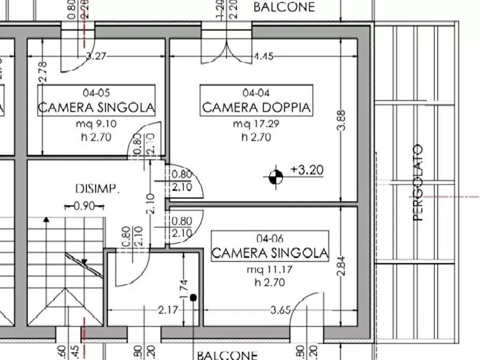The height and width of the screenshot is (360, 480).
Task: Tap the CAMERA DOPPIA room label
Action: [x=256, y=107]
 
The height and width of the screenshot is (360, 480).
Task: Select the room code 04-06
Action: [x=270, y=239]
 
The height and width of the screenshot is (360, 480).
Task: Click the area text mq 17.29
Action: [x=256, y=125]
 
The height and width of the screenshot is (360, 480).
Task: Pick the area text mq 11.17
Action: [x=270, y=270]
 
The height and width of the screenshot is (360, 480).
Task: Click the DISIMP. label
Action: [x=97, y=189]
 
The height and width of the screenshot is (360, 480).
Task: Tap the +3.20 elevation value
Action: [x=307, y=170]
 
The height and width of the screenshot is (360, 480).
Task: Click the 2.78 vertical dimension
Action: [x=44, y=72]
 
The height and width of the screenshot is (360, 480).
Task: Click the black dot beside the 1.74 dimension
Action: [x=194, y=297]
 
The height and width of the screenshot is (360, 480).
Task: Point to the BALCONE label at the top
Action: [x=284, y=8]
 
